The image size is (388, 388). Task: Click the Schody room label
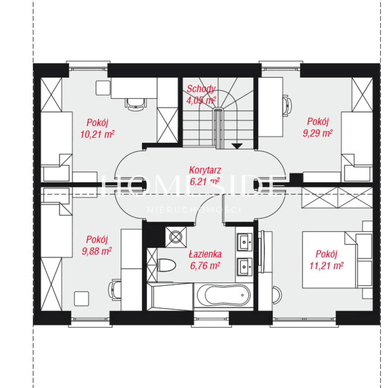click(201, 89)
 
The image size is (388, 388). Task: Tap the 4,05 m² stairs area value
click(201, 100)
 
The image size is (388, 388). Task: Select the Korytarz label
click(205, 170)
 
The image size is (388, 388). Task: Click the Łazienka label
click(205, 254)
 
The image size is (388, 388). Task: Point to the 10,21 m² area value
click(97, 134)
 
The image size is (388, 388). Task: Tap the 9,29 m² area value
click(318, 133)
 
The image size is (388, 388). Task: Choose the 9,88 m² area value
click(97, 251)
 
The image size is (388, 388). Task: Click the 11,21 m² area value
click(326, 266)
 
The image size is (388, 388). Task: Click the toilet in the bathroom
click(167, 265)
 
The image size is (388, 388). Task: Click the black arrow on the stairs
click(237, 146)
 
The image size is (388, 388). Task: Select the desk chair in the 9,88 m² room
click(115, 290)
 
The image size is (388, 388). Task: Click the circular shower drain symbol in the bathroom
click(176, 237)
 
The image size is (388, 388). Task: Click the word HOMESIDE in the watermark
click(193, 186)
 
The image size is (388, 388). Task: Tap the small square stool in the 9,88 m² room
click(81, 299)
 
